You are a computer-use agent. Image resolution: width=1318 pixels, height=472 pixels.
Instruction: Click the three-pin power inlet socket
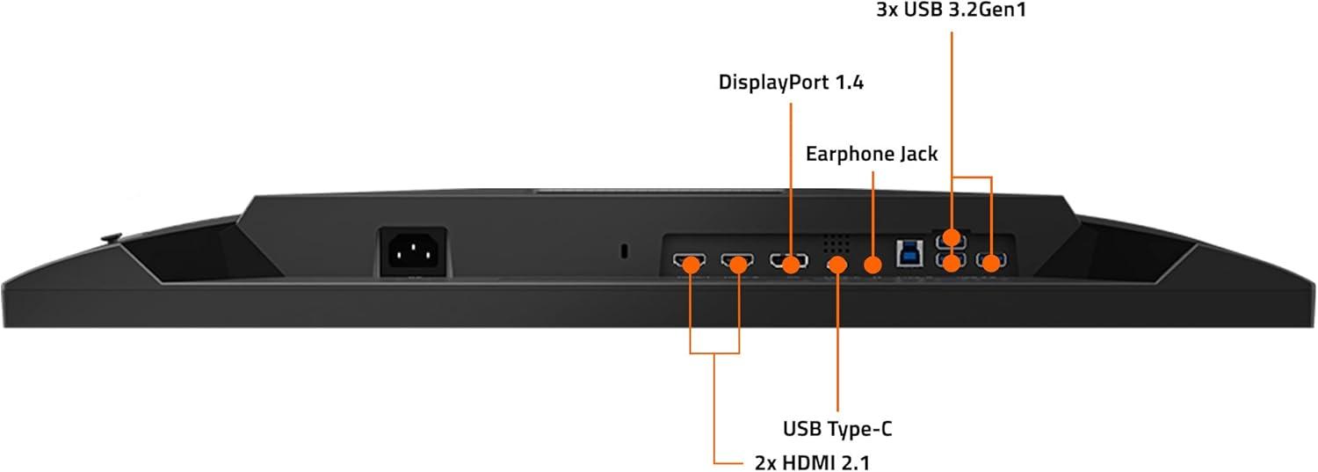[x=412, y=252]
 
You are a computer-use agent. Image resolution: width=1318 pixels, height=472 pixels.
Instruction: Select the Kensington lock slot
[x=624, y=251]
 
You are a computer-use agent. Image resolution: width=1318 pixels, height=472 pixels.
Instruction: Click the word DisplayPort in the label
[x=773, y=83]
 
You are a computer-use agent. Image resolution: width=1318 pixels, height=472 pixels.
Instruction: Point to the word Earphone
[x=844, y=154]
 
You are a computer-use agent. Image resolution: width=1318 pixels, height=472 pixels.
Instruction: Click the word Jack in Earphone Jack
[x=912, y=154]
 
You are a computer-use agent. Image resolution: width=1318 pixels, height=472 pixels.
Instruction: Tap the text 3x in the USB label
[x=887, y=10]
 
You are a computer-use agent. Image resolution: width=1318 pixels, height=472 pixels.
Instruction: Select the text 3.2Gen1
[x=988, y=10]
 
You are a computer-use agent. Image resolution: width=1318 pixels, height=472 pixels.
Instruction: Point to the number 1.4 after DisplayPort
[x=849, y=83]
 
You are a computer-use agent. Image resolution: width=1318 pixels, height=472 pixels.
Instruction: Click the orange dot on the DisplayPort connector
[x=792, y=265]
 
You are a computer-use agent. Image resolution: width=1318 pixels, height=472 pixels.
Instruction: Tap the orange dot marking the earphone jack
[x=873, y=265]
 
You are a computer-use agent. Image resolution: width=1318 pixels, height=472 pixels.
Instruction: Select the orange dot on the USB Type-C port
[x=837, y=265]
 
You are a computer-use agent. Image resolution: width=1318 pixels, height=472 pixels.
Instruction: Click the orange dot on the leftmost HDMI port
[x=691, y=265]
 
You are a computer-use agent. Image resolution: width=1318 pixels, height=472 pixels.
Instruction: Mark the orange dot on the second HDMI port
[x=738, y=265]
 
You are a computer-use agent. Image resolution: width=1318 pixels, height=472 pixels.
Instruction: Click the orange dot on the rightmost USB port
[x=991, y=264]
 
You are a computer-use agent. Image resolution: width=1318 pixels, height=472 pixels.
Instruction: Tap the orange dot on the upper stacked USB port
[x=952, y=238]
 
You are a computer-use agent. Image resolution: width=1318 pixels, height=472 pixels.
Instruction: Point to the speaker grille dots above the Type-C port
[x=836, y=243]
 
